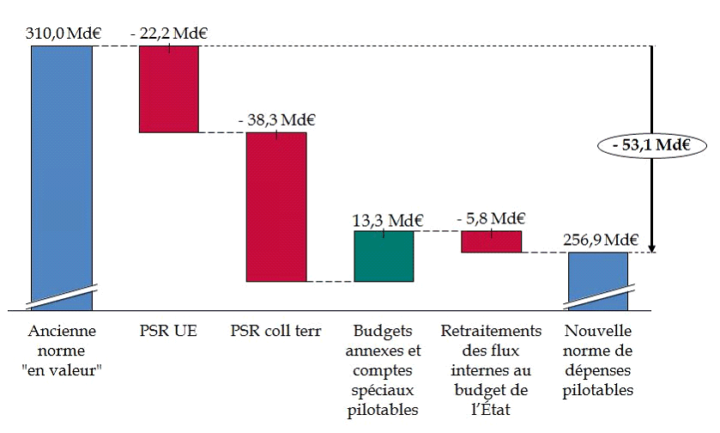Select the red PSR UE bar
(x=169, y=89)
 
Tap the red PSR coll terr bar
(x=276, y=206)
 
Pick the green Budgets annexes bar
(x=384, y=256)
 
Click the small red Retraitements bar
(x=491, y=241)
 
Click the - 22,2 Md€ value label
(x=169, y=34)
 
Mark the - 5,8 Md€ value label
(x=491, y=218)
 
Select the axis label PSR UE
(x=168, y=332)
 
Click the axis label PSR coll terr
(x=276, y=332)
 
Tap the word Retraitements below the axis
(x=491, y=332)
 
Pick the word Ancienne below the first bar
(x=63, y=332)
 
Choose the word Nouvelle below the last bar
(x=598, y=332)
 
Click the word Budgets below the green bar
(x=384, y=332)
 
